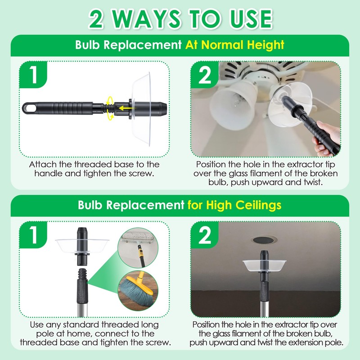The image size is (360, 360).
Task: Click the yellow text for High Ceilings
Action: (x=234, y=205)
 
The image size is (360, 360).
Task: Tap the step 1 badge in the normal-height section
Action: (x=34, y=76)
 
